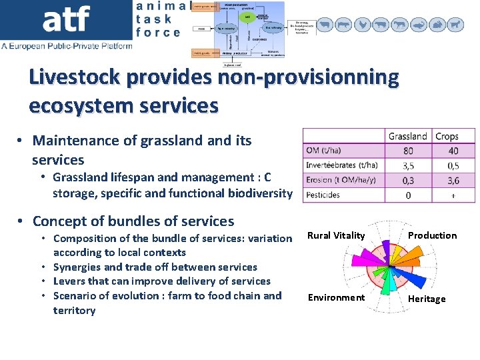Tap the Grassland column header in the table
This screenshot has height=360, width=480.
pos(407,137)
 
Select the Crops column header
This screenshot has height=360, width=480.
pos(447,137)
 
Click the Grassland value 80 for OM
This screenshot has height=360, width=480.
pos(408,151)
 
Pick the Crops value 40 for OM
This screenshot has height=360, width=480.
pos(453,151)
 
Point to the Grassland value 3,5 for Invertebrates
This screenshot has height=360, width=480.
pos(408,165)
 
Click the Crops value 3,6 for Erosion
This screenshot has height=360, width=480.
pos(453,180)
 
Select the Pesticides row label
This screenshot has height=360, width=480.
pos(323,195)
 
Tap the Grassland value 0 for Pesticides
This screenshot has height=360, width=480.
pos(408,195)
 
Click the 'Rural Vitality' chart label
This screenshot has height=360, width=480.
pos(336,235)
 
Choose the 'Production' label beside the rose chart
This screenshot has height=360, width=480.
pos(432,235)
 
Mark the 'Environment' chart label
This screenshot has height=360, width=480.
pos(336,297)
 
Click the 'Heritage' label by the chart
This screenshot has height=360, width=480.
pos(427,299)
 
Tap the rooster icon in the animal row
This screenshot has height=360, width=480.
pos(362,25)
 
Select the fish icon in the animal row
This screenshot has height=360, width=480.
pos(419,25)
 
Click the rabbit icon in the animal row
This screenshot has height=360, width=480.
pos(437,25)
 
